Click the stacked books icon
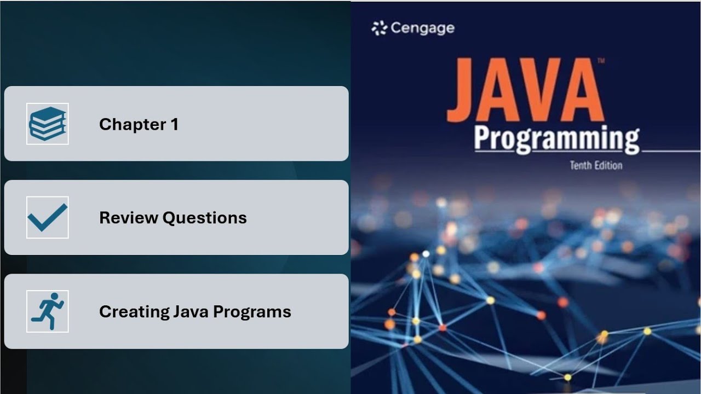click(x=48, y=124)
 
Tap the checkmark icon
click(x=48, y=218)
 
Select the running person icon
click(x=48, y=311)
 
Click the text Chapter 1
click(x=139, y=124)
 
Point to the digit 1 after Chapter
click(x=175, y=124)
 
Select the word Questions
click(x=205, y=218)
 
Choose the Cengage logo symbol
click(x=379, y=28)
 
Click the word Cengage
click(x=422, y=28)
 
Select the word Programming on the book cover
click(x=556, y=139)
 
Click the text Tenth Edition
click(x=596, y=165)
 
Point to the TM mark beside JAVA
click(x=601, y=61)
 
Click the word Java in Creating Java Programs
click(x=191, y=311)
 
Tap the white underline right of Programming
click(x=670, y=150)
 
